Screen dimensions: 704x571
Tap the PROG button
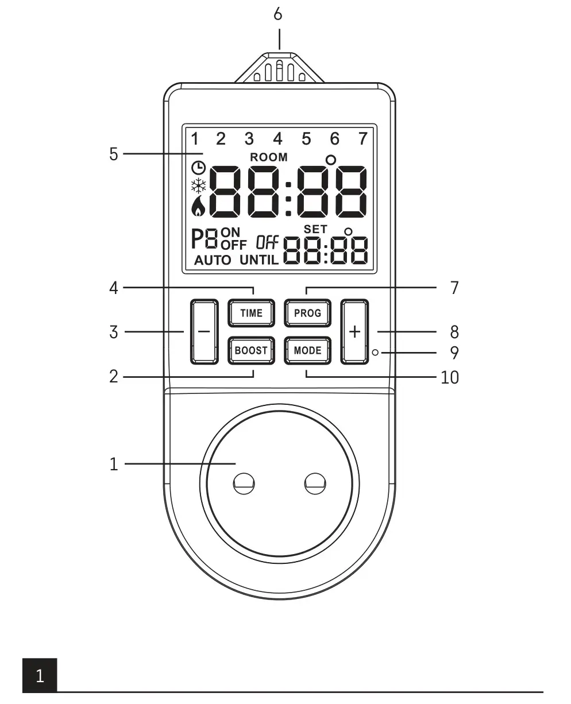coord(307,314)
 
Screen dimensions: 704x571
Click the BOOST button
coord(251,350)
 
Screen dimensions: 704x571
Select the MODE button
coord(307,350)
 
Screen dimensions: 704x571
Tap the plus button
coord(355,331)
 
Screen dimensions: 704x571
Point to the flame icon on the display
coord(198,207)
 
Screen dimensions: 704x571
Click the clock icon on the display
coord(198,168)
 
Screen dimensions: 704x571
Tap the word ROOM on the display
coord(269,157)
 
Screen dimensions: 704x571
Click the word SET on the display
coord(315,229)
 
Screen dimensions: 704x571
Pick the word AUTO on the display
coord(213,260)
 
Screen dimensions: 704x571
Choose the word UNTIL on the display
coord(259,260)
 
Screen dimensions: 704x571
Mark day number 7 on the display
coord(362,139)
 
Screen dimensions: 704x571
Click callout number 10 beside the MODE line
coord(450,377)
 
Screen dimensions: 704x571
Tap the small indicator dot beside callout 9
coord(375,353)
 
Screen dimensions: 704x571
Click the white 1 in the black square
coord(40,676)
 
